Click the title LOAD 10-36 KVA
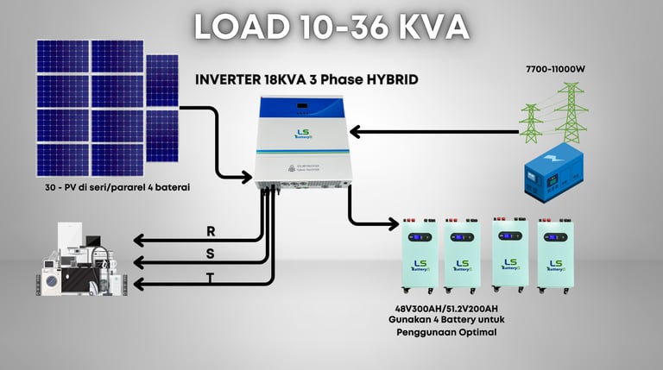point(331,27)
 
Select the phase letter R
point(212,231)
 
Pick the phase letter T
point(211,278)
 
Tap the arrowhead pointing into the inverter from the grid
point(357,132)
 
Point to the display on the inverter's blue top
point(303,108)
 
